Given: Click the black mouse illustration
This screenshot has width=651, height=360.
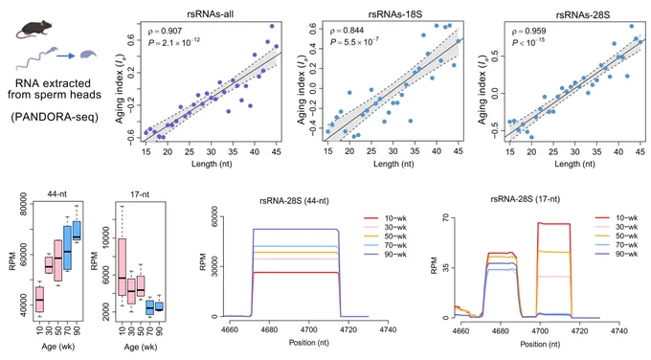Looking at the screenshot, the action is point(34,30).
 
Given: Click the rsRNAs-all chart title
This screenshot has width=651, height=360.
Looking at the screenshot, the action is point(210,14).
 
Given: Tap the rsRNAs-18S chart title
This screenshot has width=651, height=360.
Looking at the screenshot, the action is point(394,14).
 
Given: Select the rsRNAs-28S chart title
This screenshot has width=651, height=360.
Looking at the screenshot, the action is point(582,15).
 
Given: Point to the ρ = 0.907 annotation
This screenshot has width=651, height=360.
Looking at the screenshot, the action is point(165,32).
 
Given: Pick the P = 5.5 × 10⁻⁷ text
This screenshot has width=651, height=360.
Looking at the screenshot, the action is point(354,41).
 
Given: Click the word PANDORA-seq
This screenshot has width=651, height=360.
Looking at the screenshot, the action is point(55,117).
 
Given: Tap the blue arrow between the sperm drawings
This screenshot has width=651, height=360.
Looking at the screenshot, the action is point(66,56).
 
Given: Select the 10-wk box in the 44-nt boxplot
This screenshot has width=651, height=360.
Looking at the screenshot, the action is point(39,299).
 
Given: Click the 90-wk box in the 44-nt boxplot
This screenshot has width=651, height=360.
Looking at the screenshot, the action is point(77,231).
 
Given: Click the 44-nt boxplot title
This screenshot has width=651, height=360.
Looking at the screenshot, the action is point(56,194).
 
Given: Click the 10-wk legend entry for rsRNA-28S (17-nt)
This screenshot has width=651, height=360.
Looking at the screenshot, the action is point(617,217).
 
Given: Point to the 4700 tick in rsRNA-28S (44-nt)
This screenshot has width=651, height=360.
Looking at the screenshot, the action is point(308,329).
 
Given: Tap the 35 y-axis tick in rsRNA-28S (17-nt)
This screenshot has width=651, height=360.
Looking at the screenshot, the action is point(446,268).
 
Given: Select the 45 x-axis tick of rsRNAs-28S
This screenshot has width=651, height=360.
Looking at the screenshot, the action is point(640,152).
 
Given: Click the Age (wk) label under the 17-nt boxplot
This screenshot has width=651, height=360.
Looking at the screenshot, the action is point(140,347).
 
